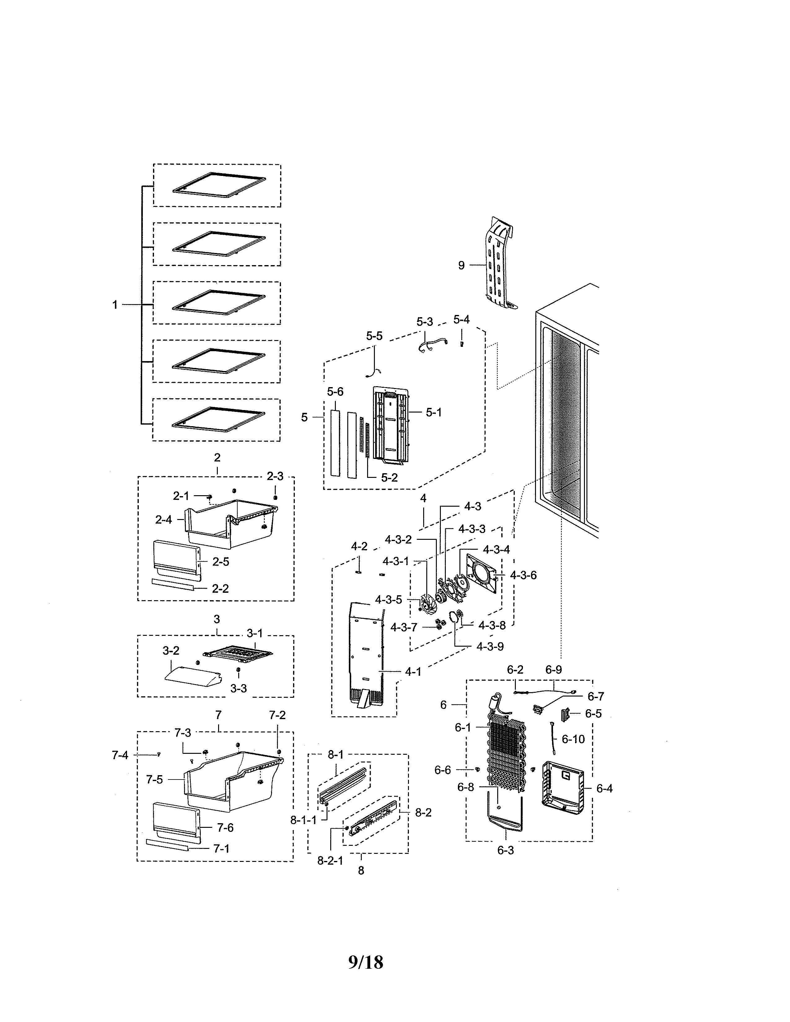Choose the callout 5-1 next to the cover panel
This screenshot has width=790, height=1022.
[433, 412]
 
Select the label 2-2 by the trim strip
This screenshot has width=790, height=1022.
[220, 588]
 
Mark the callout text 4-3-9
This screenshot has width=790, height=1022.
[490, 646]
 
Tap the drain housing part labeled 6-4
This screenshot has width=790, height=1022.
[562, 788]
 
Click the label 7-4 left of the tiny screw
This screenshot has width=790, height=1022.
[120, 755]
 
